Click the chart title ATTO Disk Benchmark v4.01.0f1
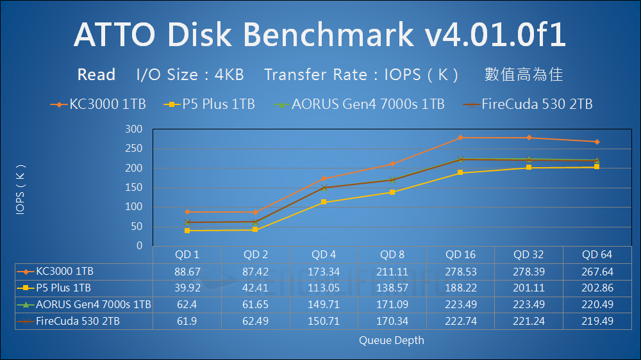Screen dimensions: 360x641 320,35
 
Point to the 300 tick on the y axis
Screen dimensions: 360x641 133,129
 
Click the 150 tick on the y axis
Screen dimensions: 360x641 133,188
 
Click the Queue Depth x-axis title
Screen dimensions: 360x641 391,340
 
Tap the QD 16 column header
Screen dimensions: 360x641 460,255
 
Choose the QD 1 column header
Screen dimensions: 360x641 187,255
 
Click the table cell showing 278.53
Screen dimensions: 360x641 460,272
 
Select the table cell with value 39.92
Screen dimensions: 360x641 187,288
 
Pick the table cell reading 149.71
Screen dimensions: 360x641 324,304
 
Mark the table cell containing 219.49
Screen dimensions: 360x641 597,321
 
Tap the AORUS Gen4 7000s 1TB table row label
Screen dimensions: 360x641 94,304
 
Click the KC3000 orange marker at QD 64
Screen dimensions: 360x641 597,142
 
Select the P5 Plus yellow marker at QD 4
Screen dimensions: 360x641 324,202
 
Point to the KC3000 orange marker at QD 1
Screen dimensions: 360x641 187,211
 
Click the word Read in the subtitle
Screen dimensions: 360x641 96,75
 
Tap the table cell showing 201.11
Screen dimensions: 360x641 528,288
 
